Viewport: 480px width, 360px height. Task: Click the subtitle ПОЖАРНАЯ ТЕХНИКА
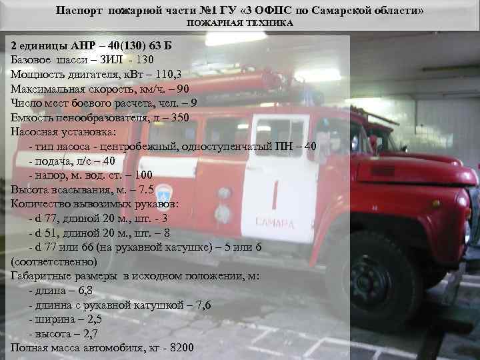[x=239, y=23]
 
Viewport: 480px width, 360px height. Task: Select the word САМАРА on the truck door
[x=273, y=223]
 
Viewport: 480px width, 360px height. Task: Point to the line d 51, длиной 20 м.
[x=99, y=233]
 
